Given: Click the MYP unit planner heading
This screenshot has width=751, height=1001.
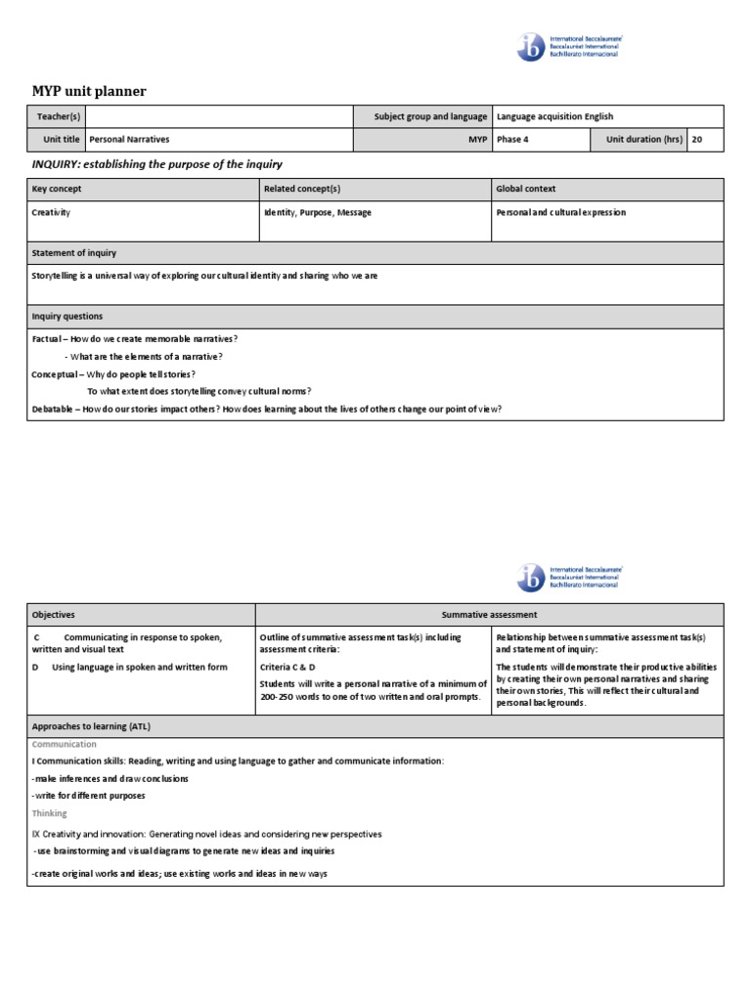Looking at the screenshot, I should click(89, 92).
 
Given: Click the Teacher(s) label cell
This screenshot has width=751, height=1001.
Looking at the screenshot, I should click(57, 117).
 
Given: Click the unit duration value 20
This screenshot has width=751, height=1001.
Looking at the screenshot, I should click(697, 140).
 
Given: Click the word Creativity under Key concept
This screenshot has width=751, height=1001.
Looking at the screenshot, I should click(51, 212).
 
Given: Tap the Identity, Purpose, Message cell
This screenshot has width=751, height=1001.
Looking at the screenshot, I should click(317, 212).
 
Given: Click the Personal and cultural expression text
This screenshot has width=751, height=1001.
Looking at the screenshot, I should click(560, 212).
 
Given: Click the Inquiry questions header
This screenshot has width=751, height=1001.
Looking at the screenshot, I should click(66, 317).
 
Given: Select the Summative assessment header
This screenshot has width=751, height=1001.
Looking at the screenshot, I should click(489, 615).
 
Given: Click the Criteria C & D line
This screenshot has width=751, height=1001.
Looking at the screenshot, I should click(287, 666).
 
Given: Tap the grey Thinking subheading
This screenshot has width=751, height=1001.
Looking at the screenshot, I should click(50, 813).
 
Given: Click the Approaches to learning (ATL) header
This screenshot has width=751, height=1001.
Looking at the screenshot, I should click(91, 726).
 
